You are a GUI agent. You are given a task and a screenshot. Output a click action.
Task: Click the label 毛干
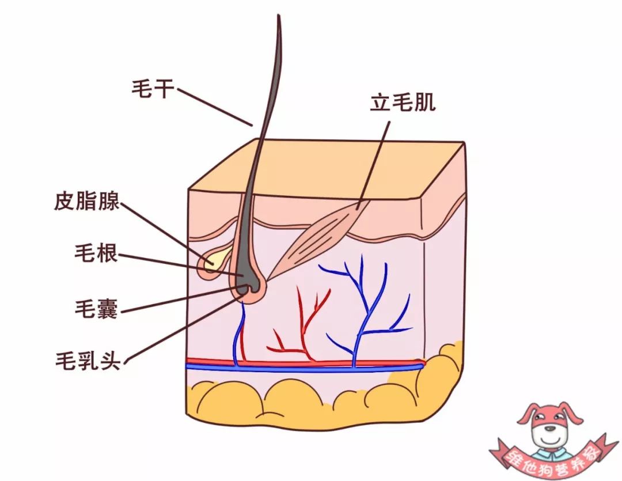(153, 88)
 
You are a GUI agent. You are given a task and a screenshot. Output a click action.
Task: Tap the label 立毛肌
(403, 103)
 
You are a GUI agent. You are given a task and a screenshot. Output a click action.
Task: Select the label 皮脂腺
(87, 201)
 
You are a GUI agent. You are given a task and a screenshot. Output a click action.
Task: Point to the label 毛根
(96, 252)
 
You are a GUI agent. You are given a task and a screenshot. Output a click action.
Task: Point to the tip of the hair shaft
(279, 16)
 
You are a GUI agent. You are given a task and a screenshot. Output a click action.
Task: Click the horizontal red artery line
(305, 362)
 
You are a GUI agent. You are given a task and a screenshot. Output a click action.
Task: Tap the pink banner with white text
(549, 456)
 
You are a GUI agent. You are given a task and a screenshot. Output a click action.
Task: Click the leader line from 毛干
(215, 107)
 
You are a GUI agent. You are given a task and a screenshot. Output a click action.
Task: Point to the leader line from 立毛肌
(373, 165)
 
